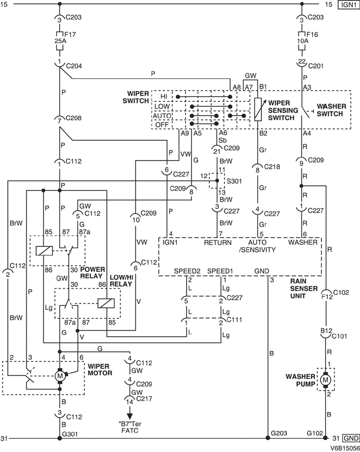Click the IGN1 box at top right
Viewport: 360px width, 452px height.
pyautogui.click(x=348, y=5)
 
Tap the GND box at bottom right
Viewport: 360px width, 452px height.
pyautogui.click(x=349, y=439)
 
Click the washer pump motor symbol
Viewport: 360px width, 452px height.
pyautogui.click(x=325, y=380)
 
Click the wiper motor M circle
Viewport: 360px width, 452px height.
pyautogui.click(x=60, y=375)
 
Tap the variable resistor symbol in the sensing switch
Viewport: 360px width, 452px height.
pyautogui.click(x=259, y=109)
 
